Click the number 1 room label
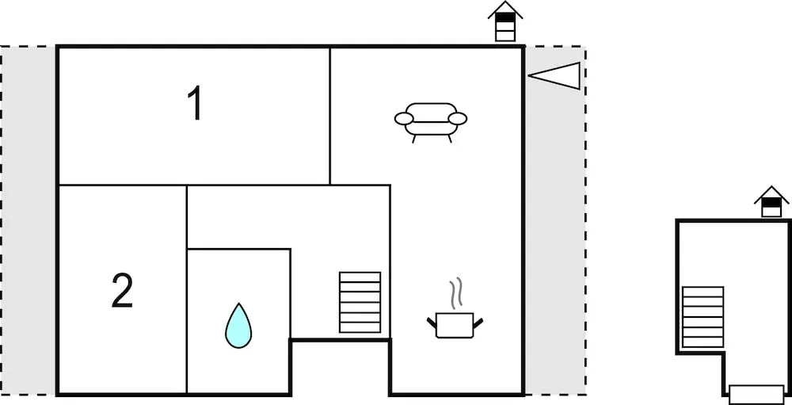(194, 104)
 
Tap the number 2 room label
(122, 292)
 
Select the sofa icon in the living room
(431, 120)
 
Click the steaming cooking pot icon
(455, 323)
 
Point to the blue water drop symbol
(238, 326)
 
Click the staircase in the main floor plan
(360, 302)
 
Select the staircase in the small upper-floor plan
(703, 317)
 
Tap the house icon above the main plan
(505, 22)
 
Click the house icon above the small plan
(771, 202)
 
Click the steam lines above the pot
(455, 293)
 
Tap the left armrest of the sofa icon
(404, 119)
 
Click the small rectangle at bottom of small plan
(756, 394)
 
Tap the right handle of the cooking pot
(478, 321)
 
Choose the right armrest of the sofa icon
(458, 119)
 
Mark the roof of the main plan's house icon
(505, 10)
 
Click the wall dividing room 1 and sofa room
(330, 116)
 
